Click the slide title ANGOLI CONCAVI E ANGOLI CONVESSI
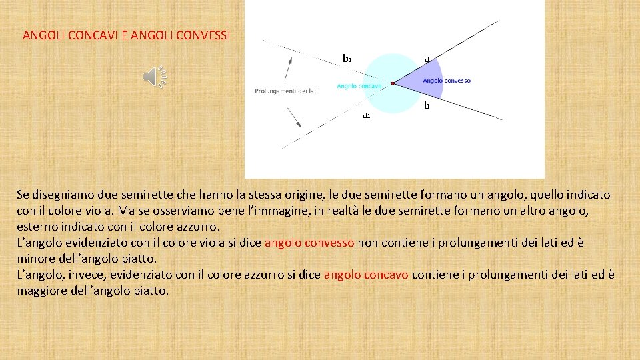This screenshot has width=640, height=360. click(126, 35)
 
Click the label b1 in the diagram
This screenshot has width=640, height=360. click(347, 59)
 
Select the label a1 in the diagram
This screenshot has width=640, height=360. click(365, 115)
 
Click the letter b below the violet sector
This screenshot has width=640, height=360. click(427, 106)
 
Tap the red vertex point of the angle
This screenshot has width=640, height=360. click(393, 83)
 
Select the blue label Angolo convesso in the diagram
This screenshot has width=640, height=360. click(446, 81)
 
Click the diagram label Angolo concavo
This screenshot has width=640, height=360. click(359, 86)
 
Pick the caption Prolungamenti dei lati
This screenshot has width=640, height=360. click(286, 91)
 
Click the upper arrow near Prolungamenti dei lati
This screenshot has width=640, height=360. click(289, 68)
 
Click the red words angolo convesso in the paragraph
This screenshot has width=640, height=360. click(309, 243)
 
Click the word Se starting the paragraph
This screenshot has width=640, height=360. click(23, 195)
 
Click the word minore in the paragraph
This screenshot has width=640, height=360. click(35, 259)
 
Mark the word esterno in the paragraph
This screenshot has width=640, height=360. click(37, 227)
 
